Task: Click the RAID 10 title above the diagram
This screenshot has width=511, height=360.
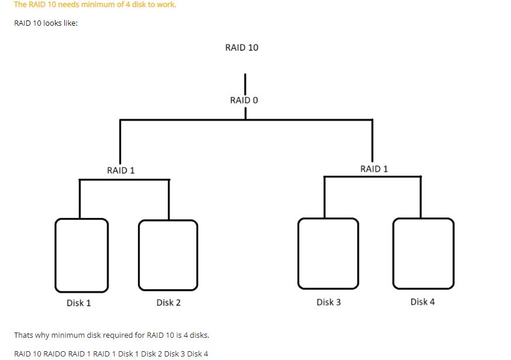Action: coord(241,47)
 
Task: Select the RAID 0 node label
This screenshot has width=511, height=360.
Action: coord(244,100)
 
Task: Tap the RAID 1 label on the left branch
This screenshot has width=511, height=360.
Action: coord(121,170)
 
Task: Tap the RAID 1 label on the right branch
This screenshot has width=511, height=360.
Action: coord(374,169)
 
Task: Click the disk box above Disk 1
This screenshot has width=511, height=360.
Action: coord(81,255)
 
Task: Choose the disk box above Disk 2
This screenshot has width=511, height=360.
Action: coord(168,255)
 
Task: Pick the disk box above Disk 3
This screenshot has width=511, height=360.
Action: coord(328,253)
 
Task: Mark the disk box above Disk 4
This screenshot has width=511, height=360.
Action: coord(423,253)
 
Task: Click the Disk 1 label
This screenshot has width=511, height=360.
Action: coord(78,303)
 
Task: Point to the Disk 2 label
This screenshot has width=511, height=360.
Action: coord(168,303)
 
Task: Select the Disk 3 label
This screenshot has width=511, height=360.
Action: coord(329,302)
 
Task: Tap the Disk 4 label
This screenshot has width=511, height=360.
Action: coord(423,302)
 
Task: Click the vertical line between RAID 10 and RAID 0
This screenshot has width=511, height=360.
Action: coord(245,83)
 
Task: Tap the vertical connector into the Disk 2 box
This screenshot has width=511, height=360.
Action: coord(169,199)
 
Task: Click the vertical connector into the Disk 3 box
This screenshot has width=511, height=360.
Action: coord(324,197)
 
